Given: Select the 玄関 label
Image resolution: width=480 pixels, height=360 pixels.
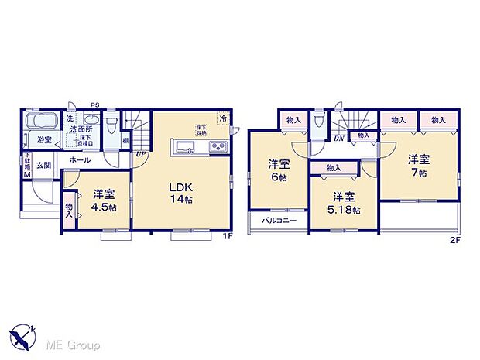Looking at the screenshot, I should coord(43,166).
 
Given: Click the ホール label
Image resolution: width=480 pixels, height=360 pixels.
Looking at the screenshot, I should coord(79,159).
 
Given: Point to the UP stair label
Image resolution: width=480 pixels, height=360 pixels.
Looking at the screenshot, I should coord(140,154).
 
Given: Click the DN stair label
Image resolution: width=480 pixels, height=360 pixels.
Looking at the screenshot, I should coord(339,139).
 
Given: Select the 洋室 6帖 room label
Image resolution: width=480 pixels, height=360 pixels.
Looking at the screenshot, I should coord(279,170).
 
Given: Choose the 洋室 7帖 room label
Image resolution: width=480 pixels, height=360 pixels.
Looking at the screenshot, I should coord(419,165).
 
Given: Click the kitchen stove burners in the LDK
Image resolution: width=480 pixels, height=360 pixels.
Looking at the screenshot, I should coord(218,149).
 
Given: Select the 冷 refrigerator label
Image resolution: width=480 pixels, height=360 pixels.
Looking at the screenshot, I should coord(223,118).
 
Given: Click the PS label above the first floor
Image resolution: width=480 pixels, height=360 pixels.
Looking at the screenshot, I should coord(94,105).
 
